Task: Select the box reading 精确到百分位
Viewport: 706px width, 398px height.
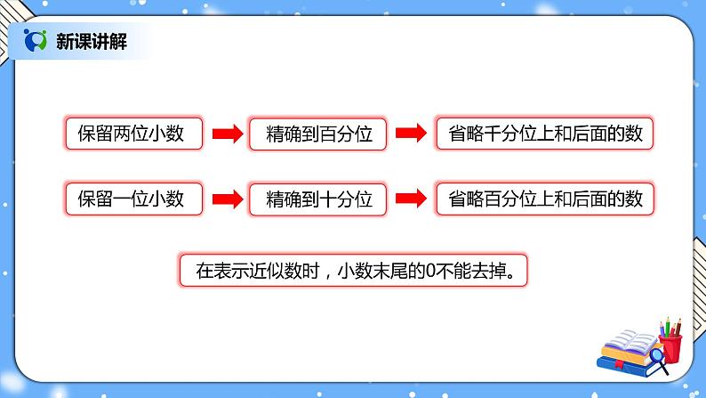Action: (x=317, y=135)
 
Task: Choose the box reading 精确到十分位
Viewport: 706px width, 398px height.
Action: (x=317, y=199)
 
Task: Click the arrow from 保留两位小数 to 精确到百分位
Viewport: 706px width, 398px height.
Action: (x=226, y=135)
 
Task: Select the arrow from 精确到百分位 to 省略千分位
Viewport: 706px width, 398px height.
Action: (x=410, y=135)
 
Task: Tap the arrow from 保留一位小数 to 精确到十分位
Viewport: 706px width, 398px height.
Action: (x=226, y=199)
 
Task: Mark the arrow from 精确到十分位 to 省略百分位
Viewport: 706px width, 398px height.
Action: (x=410, y=199)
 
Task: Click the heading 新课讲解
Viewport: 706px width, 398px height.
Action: (x=85, y=40)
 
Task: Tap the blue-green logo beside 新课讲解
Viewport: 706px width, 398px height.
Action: (x=36, y=40)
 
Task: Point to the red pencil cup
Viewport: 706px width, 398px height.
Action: (x=670, y=347)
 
